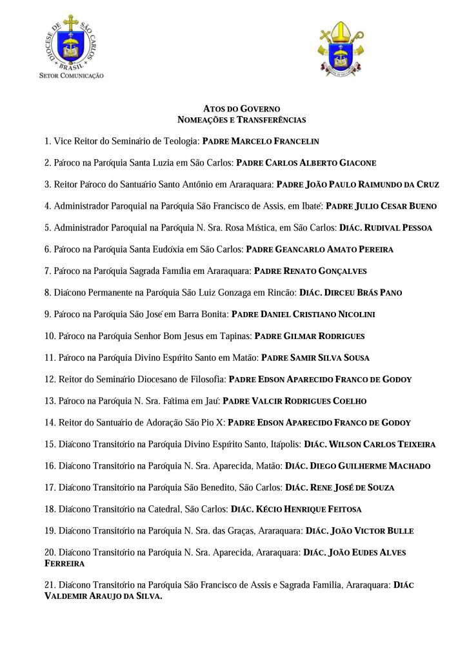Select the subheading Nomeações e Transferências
click(241, 120)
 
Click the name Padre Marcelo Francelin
click(261, 141)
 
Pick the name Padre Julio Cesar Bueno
click(381, 206)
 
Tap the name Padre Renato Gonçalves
click(310, 271)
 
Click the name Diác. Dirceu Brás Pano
click(350, 293)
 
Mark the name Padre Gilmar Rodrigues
click(310, 336)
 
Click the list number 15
click(50, 444)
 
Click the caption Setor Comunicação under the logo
click(71, 75)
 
